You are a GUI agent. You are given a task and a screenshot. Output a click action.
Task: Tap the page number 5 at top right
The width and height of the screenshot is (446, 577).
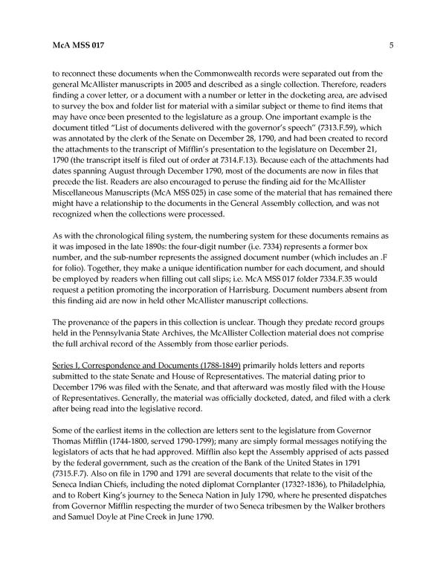390,45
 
